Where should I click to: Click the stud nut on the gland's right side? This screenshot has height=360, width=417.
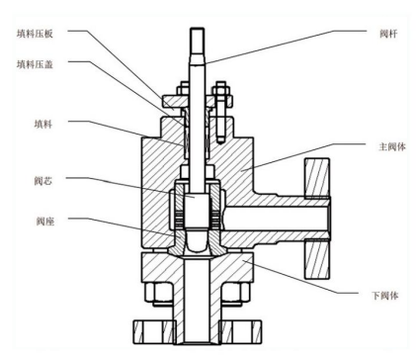224,100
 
